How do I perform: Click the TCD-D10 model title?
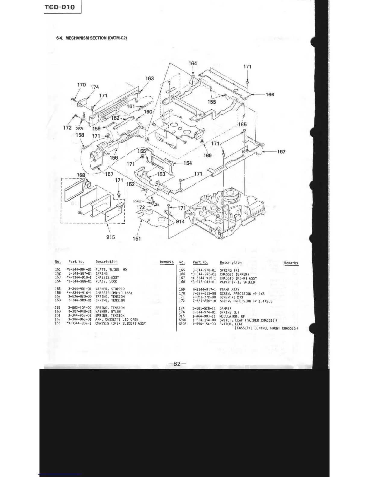click(x=59, y=7)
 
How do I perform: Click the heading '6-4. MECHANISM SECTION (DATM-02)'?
click(x=91, y=38)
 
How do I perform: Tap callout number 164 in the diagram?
click(x=193, y=64)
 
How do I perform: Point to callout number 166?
click(x=270, y=95)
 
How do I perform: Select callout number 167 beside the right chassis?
click(x=281, y=152)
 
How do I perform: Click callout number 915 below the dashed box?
click(x=111, y=237)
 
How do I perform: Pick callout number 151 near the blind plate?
click(x=137, y=239)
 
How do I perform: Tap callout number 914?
click(x=180, y=222)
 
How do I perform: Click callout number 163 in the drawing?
click(x=150, y=79)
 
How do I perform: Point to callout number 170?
click(x=81, y=85)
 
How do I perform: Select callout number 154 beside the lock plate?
click(x=188, y=163)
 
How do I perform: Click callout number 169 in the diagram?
click(x=207, y=156)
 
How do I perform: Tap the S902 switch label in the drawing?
click(x=137, y=201)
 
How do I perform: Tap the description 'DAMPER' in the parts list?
click(x=225, y=309)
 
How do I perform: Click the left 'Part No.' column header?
click(x=76, y=262)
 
